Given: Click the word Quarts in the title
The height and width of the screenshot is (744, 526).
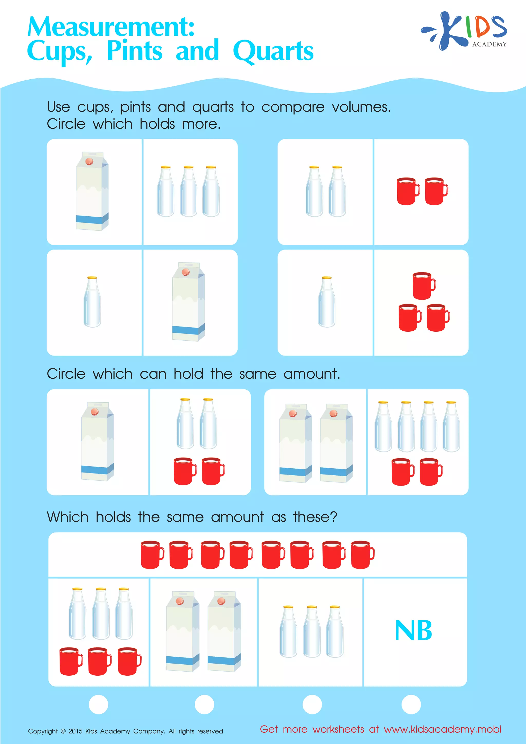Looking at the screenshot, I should click(273, 51).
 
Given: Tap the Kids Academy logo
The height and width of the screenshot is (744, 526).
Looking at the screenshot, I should click(464, 31).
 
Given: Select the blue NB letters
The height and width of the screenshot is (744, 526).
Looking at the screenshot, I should click(414, 631).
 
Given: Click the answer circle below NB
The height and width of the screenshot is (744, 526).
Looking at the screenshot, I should click(411, 704).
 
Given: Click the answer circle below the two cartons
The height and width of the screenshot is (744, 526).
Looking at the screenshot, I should click(204, 704).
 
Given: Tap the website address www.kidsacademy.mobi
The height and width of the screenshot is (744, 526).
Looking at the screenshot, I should click(443, 729).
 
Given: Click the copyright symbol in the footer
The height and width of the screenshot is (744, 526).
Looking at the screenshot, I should click(63, 731).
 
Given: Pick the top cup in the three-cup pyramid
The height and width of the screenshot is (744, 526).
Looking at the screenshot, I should click(424, 285).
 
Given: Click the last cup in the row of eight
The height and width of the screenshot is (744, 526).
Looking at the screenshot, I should click(362, 554).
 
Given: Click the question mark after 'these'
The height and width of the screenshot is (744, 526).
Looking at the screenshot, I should click(334, 517).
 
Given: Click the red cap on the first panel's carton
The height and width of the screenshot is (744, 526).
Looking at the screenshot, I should click(89, 161).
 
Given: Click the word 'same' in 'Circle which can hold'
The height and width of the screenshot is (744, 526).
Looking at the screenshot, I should click(258, 374).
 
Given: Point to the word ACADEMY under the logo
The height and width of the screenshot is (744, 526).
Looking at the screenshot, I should click(489, 44).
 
